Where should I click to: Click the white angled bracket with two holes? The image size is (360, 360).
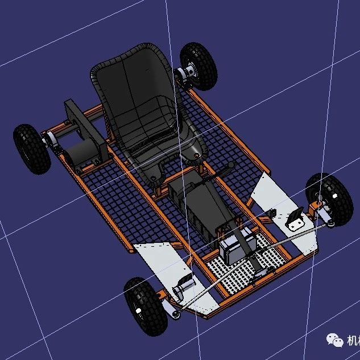[296, 221]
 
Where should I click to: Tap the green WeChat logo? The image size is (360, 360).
[335, 340]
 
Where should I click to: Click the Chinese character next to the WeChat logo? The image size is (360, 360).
[353, 340]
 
